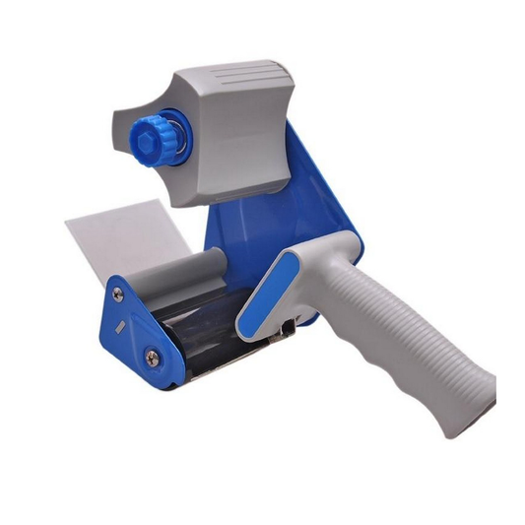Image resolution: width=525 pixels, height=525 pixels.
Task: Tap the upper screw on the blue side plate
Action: point(118,294)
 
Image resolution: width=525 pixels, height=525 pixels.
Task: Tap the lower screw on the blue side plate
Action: point(151,357)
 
